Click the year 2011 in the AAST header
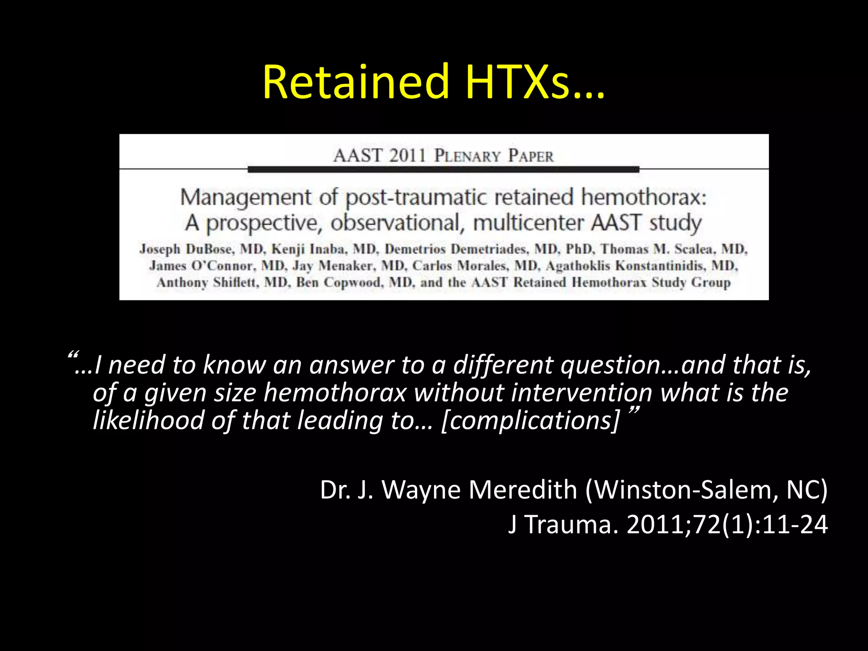(x=407, y=156)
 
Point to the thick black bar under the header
(x=443, y=170)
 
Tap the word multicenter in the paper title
(x=528, y=223)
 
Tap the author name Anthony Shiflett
(x=207, y=282)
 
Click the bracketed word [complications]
(x=530, y=420)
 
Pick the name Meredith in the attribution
(x=523, y=490)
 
